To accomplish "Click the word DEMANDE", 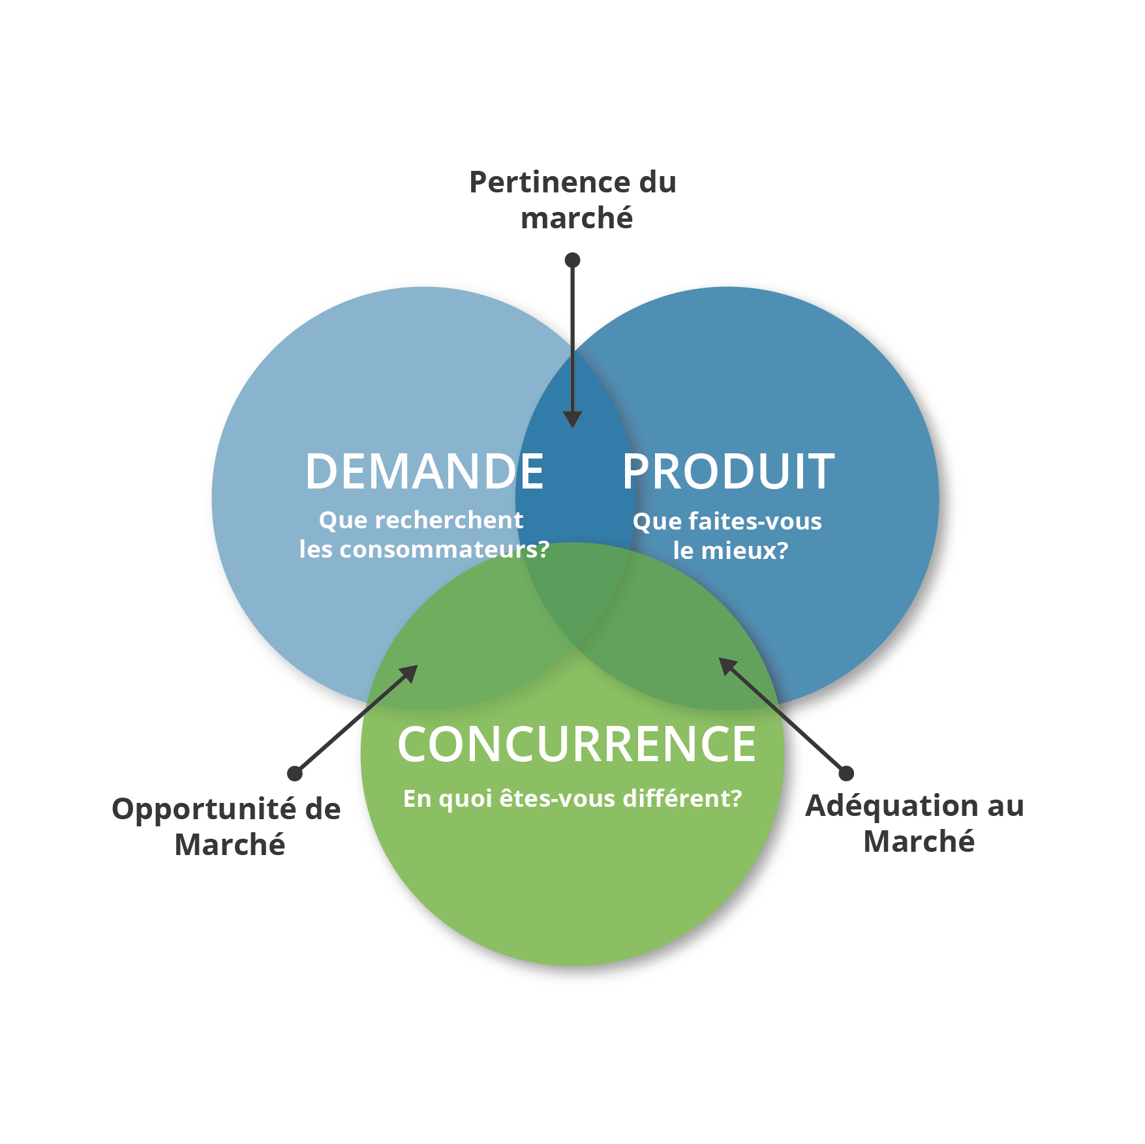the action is coord(425,471).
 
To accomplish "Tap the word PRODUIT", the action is coord(728,471).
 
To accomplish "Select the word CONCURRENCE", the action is coord(577,744).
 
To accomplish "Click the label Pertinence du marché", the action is coord(573,200).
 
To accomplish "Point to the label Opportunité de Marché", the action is coord(226,826).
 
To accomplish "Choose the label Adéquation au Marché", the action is coord(915,823).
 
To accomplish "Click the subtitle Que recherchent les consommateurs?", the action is coord(424,535).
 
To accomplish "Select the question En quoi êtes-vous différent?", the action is coord(573,798).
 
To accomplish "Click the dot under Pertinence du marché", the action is coord(572,260).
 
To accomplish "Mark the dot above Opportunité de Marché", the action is coord(295,774).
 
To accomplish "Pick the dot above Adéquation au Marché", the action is coord(846,774).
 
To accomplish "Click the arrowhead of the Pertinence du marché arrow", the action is coord(572,420).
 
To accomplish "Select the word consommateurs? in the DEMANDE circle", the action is coord(445,549).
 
